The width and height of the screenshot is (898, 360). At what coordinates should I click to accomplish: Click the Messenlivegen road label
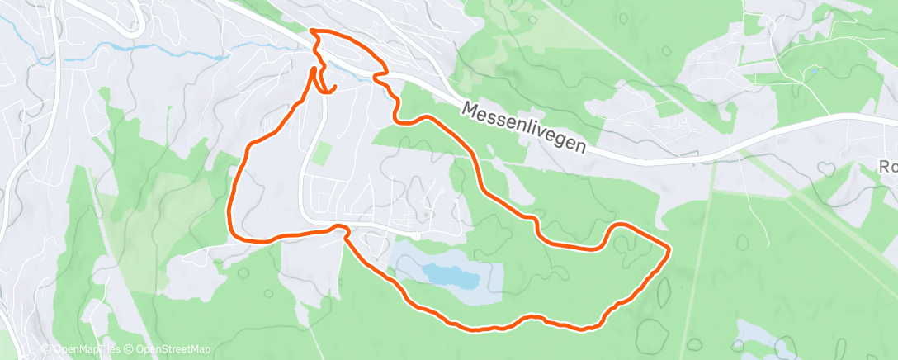point(525,126)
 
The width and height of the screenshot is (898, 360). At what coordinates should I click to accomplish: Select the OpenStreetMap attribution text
point(168,350)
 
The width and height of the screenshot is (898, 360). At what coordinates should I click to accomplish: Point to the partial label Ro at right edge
point(889,166)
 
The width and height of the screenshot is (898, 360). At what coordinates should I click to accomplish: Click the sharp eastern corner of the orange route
point(667,248)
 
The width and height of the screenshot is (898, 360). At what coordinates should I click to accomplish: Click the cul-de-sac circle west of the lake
point(416,237)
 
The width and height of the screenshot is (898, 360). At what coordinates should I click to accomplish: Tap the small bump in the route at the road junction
point(338,226)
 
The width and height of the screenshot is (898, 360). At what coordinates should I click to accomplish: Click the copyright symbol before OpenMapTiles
point(45,350)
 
